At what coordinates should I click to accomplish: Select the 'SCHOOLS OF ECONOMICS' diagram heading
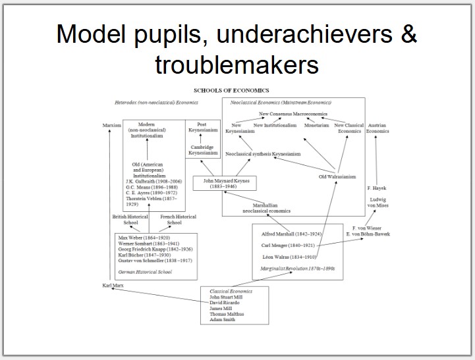[x=231, y=90]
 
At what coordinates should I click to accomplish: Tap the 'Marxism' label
[x=112, y=124]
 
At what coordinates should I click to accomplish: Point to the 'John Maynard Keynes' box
[x=224, y=183]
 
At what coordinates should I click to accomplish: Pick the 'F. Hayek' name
[x=376, y=188]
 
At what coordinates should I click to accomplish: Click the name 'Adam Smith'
[x=223, y=320]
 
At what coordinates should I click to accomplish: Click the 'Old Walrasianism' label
[x=337, y=176]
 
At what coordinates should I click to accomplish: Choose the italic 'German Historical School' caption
[x=146, y=271]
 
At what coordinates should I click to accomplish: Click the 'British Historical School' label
[x=130, y=219]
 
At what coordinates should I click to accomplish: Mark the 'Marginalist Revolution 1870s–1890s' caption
[x=298, y=268]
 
